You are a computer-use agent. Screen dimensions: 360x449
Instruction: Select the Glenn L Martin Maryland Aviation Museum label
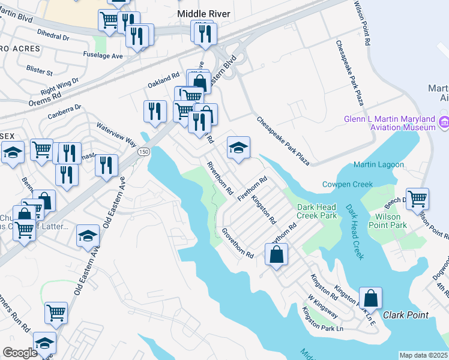click(390, 123)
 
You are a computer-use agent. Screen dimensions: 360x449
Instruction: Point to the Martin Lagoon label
click(376, 165)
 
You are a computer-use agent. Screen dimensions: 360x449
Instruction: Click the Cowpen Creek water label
click(348, 184)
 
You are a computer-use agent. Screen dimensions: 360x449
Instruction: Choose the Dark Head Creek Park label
click(318, 211)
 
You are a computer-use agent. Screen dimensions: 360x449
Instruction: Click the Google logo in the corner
click(20, 352)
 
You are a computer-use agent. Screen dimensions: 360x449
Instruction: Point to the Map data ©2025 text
click(423, 355)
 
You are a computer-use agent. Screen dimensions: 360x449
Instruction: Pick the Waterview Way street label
click(118, 133)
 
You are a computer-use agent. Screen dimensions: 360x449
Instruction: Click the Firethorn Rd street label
click(252, 188)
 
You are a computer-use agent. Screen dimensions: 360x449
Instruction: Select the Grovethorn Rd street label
click(238, 243)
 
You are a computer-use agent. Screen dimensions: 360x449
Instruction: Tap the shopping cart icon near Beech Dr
click(418, 198)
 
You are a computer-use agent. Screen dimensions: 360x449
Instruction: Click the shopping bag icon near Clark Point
click(370, 297)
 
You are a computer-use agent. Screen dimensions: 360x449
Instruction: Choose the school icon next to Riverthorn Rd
click(238, 148)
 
